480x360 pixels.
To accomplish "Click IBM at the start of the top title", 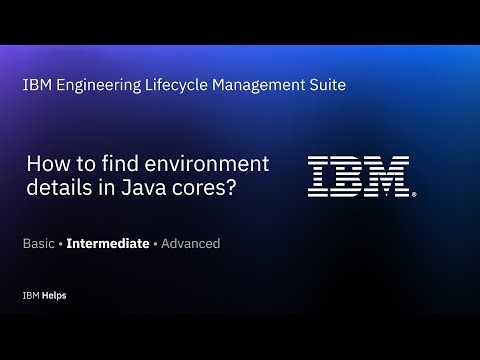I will click(35, 86).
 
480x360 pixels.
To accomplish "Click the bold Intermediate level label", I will click(108, 243).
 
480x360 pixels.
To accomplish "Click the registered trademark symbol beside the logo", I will click(414, 192).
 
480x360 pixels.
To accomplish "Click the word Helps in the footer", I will click(55, 297).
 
